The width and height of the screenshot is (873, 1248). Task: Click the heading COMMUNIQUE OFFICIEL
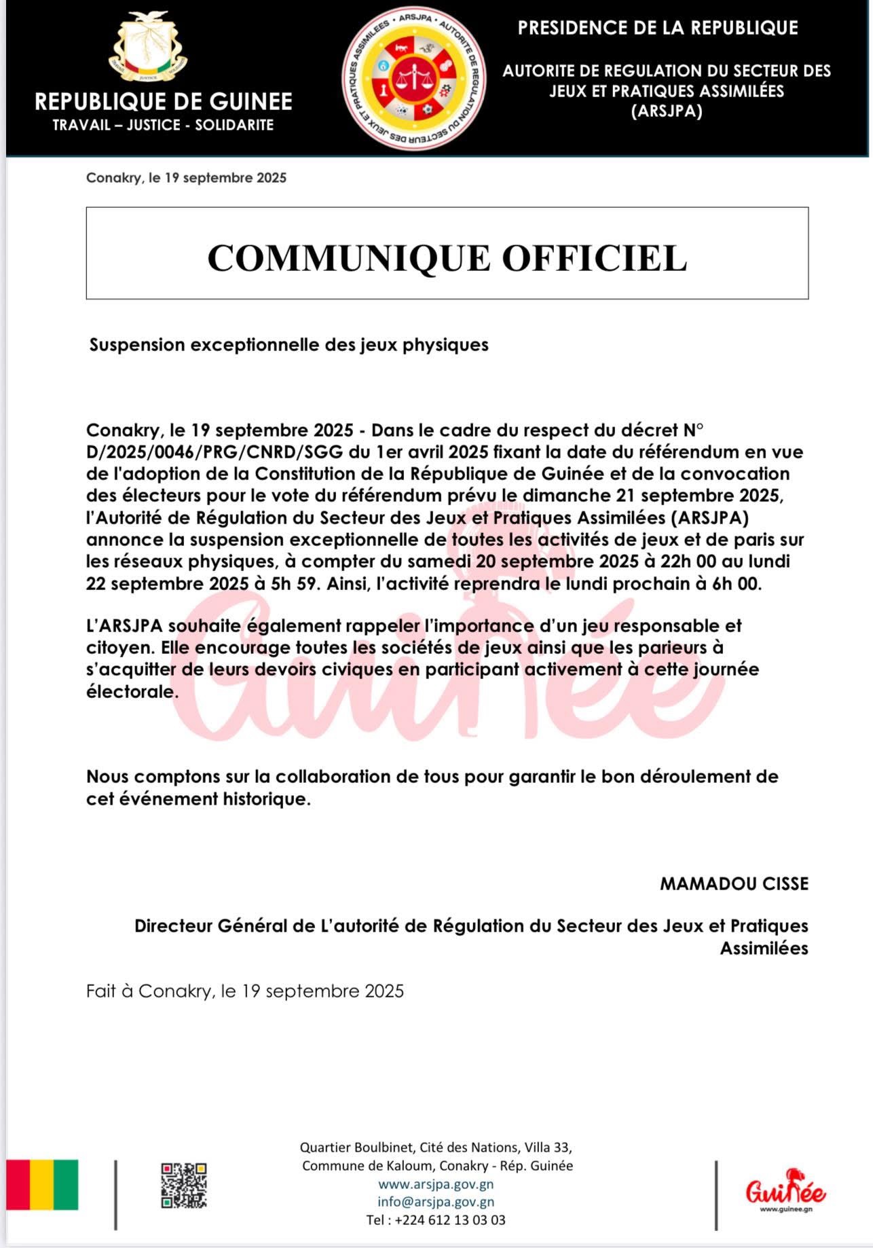coord(447,258)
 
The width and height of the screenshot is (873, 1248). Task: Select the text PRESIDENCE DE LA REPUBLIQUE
coord(658,28)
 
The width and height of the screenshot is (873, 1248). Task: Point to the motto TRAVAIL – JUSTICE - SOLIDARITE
coord(163,125)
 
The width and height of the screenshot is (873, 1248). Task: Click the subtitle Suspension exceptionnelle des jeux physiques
coord(289,345)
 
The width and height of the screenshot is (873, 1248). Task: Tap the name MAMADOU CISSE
coord(734,883)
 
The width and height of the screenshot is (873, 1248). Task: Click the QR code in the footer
coord(183,1186)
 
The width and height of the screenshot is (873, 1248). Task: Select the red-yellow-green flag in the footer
coord(42,1185)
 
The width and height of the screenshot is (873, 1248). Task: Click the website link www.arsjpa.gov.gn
coord(436,1184)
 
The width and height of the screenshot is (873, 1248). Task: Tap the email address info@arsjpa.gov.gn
coord(436,1202)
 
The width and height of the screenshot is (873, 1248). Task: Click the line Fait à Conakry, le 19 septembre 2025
coord(245,991)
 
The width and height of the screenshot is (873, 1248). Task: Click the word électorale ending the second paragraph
coord(132,692)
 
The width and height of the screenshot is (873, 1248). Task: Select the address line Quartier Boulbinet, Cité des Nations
coord(436,1148)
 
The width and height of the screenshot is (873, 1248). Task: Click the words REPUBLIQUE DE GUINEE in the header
coord(164,102)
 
